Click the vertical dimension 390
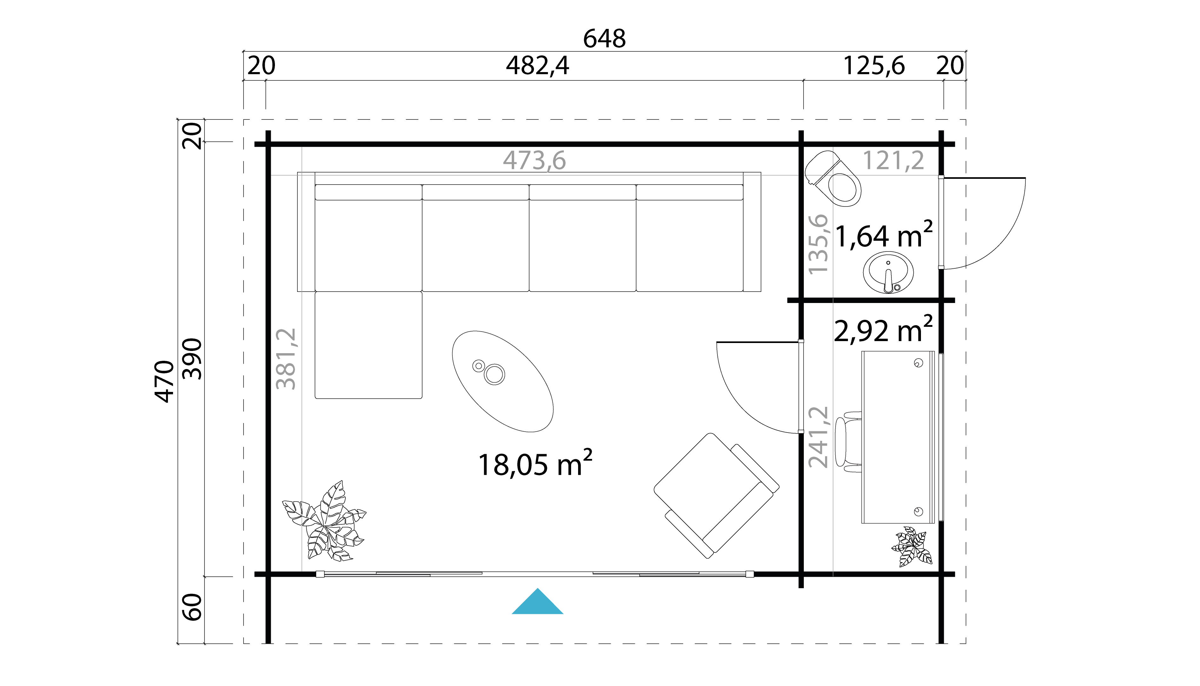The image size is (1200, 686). pyautogui.click(x=192, y=359)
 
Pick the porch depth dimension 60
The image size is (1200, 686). pyautogui.click(x=192, y=607)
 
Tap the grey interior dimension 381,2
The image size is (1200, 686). pyautogui.click(x=286, y=359)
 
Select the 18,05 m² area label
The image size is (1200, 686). pyautogui.click(x=535, y=464)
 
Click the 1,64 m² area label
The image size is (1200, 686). pyautogui.click(x=883, y=235)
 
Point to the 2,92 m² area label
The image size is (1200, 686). pyautogui.click(x=883, y=329)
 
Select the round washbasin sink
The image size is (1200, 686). pyautogui.click(x=888, y=272)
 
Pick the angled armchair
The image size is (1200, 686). pyautogui.click(x=716, y=496)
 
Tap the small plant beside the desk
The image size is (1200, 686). pyautogui.click(x=912, y=547)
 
